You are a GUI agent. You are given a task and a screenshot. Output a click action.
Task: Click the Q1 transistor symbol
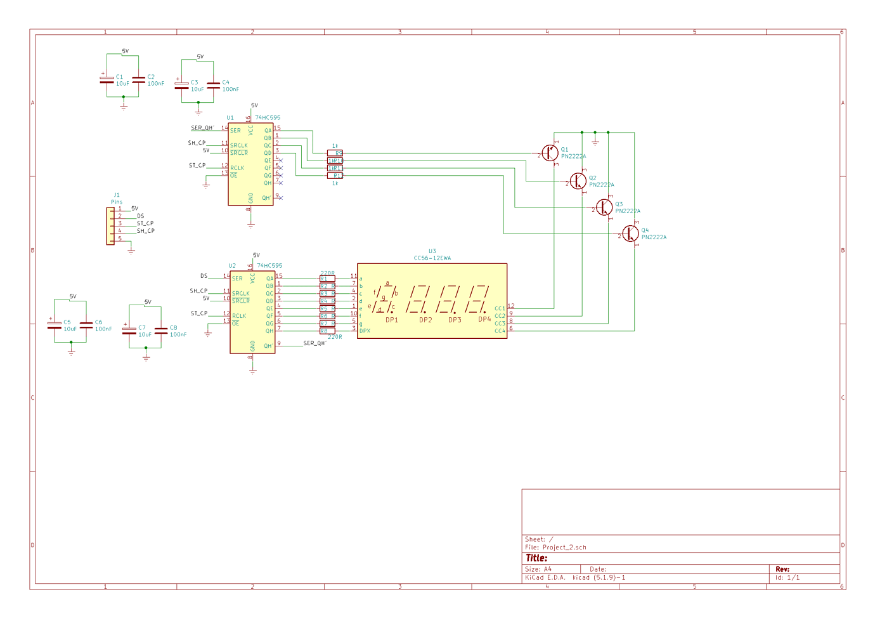(x=550, y=153)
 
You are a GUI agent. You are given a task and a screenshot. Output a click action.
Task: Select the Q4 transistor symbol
(x=630, y=233)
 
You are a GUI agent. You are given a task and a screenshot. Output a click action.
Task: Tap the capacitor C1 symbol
(x=107, y=79)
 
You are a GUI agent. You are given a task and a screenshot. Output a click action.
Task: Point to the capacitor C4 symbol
(x=213, y=85)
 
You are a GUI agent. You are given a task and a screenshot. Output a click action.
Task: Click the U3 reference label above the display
(x=432, y=251)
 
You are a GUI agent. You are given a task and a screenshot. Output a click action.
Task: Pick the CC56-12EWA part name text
(x=432, y=258)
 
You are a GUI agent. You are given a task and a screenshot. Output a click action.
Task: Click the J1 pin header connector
(x=110, y=225)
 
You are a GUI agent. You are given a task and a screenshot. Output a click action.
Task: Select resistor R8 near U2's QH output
(x=327, y=331)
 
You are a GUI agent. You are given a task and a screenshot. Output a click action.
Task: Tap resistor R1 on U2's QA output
(x=327, y=279)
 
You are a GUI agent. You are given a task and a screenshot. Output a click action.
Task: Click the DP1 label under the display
(x=392, y=320)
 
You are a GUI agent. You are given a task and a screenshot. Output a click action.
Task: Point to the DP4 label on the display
(x=484, y=320)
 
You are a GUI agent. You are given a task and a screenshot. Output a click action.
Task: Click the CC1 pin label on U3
(x=500, y=308)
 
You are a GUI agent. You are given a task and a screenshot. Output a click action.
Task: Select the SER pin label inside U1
(x=235, y=131)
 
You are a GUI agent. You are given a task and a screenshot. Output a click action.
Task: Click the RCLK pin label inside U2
(x=239, y=316)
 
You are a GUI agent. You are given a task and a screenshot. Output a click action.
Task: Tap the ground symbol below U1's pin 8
(x=251, y=225)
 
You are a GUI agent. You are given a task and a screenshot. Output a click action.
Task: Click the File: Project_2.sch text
(x=555, y=547)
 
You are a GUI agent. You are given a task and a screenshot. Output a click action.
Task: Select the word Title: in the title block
(x=536, y=558)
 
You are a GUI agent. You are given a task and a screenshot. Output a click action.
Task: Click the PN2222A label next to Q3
(x=628, y=211)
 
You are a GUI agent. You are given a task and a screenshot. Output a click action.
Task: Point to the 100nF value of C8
(x=178, y=334)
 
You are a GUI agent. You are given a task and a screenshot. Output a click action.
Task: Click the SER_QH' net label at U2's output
(x=314, y=343)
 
